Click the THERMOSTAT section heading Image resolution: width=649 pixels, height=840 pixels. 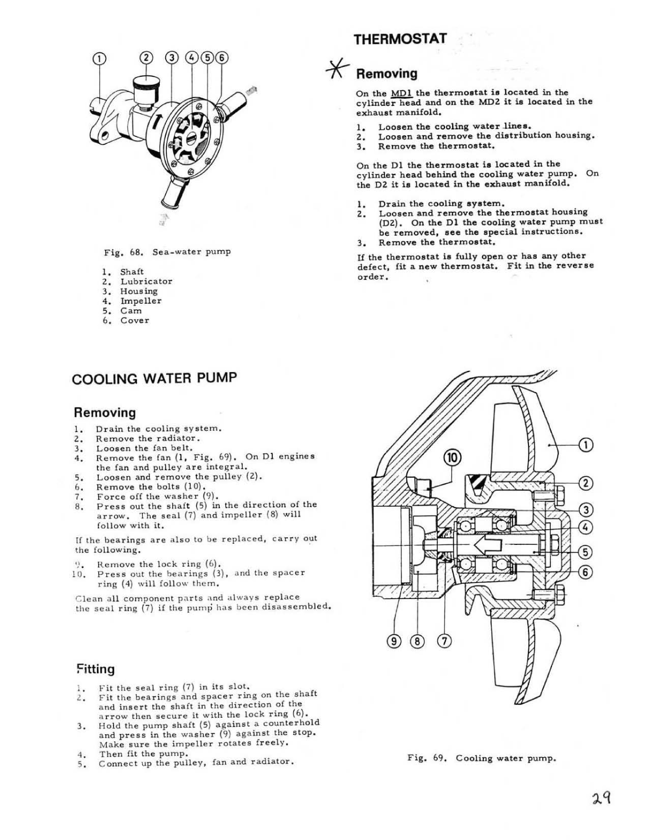pos(400,39)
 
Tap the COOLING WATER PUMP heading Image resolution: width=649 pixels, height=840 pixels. pos(154,379)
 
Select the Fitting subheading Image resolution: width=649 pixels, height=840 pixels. pos(95,669)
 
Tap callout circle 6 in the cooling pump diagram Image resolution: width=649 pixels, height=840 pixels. pos(585,572)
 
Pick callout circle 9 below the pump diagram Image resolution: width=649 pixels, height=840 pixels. pos(394,641)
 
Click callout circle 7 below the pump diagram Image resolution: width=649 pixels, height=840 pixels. pos(444,641)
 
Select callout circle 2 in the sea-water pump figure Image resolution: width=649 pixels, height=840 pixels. pos(146,58)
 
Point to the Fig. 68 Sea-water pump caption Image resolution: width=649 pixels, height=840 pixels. pos(167,252)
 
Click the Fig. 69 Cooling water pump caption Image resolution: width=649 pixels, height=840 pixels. pos(481,758)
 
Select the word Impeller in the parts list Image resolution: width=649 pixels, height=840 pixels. pos(141,301)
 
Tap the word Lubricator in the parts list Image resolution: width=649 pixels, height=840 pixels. pos(146,281)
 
